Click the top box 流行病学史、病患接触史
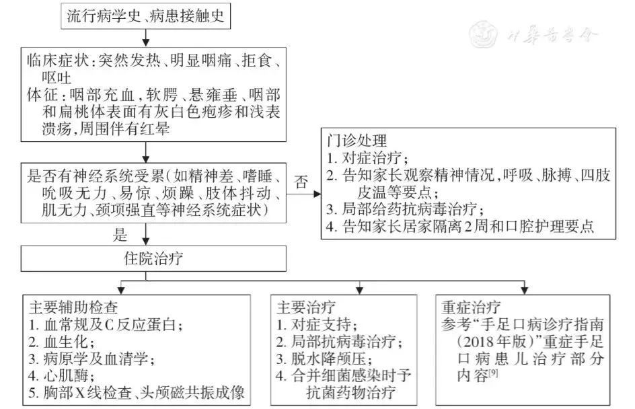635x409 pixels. coord(146,16)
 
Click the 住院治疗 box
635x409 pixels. coord(153,258)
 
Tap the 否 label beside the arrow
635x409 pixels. coord(301,182)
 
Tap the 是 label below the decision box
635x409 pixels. coord(120,235)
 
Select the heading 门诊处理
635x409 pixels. coord(357,141)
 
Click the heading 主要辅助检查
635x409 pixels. coord(73,307)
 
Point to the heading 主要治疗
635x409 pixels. coord(306,307)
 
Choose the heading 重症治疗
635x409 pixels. coord(471,307)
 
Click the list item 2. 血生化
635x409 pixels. coord(62,342)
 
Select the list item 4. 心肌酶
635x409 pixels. coord(62,376)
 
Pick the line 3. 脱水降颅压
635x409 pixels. coord(324,359)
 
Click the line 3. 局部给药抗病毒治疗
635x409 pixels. coord(406,209)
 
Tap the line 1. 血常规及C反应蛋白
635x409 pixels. coord(106,325)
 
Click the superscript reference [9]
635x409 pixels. coord(493,373)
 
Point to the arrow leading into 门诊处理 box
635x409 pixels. coord(303,194)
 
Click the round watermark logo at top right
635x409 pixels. coord(484,34)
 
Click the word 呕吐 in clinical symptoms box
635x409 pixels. coord(57,78)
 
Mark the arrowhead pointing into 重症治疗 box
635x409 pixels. coord(525,290)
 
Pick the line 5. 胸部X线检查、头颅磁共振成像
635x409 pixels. coord(137,393)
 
